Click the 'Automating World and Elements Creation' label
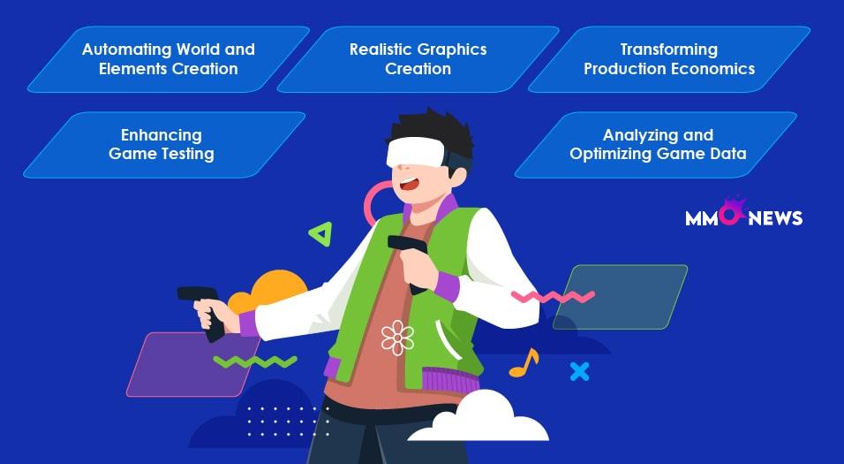tap(169, 58)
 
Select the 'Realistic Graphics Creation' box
tap(418, 58)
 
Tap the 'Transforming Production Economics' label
tap(669, 58)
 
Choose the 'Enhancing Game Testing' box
tap(164, 144)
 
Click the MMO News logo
tap(743, 212)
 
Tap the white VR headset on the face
tap(416, 151)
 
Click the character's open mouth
tap(410, 184)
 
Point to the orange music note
tap(524, 362)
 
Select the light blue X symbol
tap(580, 371)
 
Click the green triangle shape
tap(320, 234)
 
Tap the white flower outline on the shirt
tap(397, 338)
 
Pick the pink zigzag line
tap(553, 296)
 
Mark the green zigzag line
tap(255, 361)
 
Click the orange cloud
tap(268, 292)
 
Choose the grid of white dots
tap(288, 422)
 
